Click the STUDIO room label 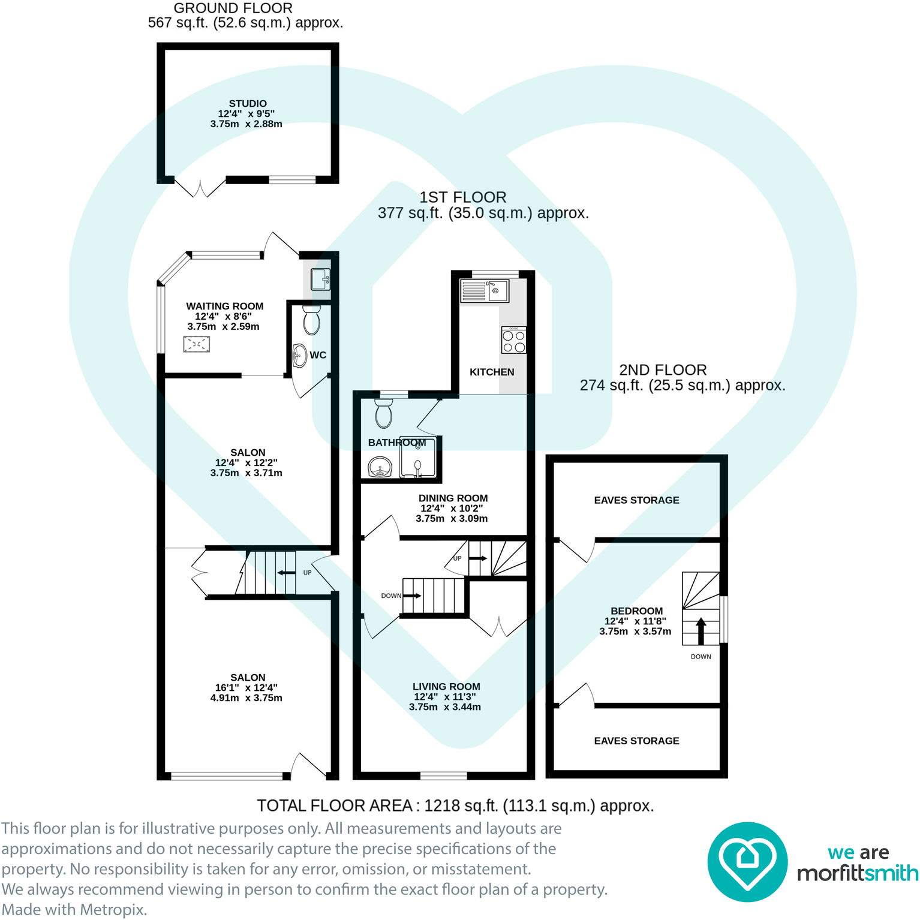[x=247, y=104]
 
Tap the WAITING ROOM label [x=224, y=306]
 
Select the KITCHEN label [x=492, y=372]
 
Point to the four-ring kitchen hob [x=514, y=341]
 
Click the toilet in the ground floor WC [x=311, y=321]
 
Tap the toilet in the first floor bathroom [x=383, y=413]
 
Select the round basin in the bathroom [x=380, y=466]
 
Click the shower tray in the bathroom [x=418, y=458]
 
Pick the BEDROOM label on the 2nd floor [x=636, y=611]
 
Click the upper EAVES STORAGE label [x=636, y=500]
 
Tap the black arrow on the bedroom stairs [x=700, y=630]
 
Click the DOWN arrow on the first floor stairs [x=413, y=596]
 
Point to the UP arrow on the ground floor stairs [x=287, y=573]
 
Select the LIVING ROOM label [x=446, y=687]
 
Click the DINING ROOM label [x=453, y=498]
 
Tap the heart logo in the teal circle [x=747, y=862]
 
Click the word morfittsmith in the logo [x=858, y=873]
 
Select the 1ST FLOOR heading [x=462, y=197]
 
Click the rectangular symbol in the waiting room [x=197, y=344]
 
